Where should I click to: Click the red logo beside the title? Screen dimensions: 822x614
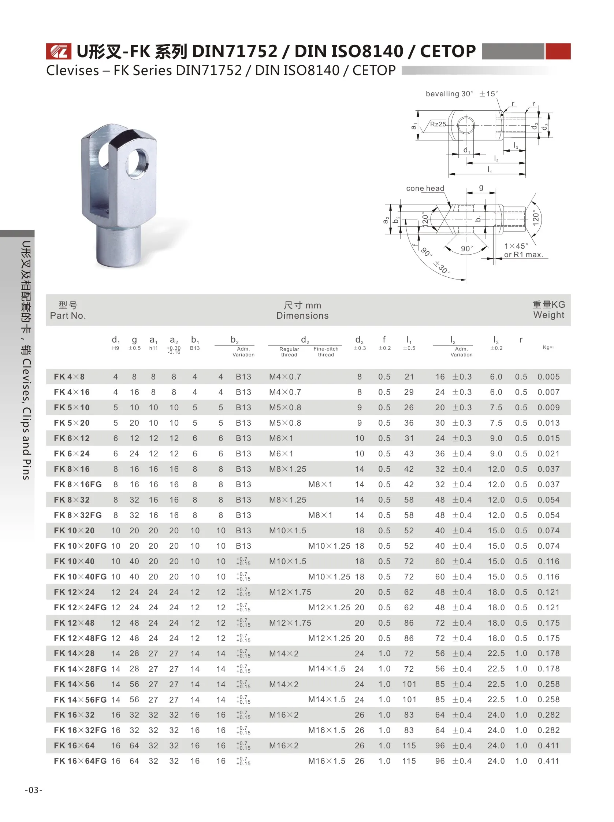pyautogui.click(x=58, y=51)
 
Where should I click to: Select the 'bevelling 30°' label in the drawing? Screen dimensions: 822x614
pyautogui.click(x=449, y=94)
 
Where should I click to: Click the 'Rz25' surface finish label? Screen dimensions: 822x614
pyautogui.click(x=438, y=124)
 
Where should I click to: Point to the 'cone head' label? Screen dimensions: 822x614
pyautogui.click(x=425, y=188)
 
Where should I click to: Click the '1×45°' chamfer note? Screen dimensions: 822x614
pyautogui.click(x=516, y=246)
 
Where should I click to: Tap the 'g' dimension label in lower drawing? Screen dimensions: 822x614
pyautogui.click(x=481, y=187)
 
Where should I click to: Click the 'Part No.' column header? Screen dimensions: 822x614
pyautogui.click(x=68, y=315)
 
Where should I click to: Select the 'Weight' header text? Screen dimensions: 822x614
pyautogui.click(x=548, y=315)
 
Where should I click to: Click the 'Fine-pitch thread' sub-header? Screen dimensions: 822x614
pyautogui.click(x=326, y=352)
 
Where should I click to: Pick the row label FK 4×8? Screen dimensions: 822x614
pyautogui.click(x=69, y=377)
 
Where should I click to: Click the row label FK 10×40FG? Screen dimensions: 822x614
pyautogui.click(x=80, y=577)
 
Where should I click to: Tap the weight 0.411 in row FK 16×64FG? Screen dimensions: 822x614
pyautogui.click(x=548, y=761)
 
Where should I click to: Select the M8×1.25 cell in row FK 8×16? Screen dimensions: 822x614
pyautogui.click(x=287, y=469)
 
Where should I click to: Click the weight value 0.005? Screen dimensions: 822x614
pyautogui.click(x=548, y=377)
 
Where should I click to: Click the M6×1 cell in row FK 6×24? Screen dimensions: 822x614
pyautogui.click(x=281, y=454)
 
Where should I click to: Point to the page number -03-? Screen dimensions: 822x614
pyautogui.click(x=33, y=790)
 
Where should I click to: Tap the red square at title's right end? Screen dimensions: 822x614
pyautogui.click(x=558, y=51)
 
